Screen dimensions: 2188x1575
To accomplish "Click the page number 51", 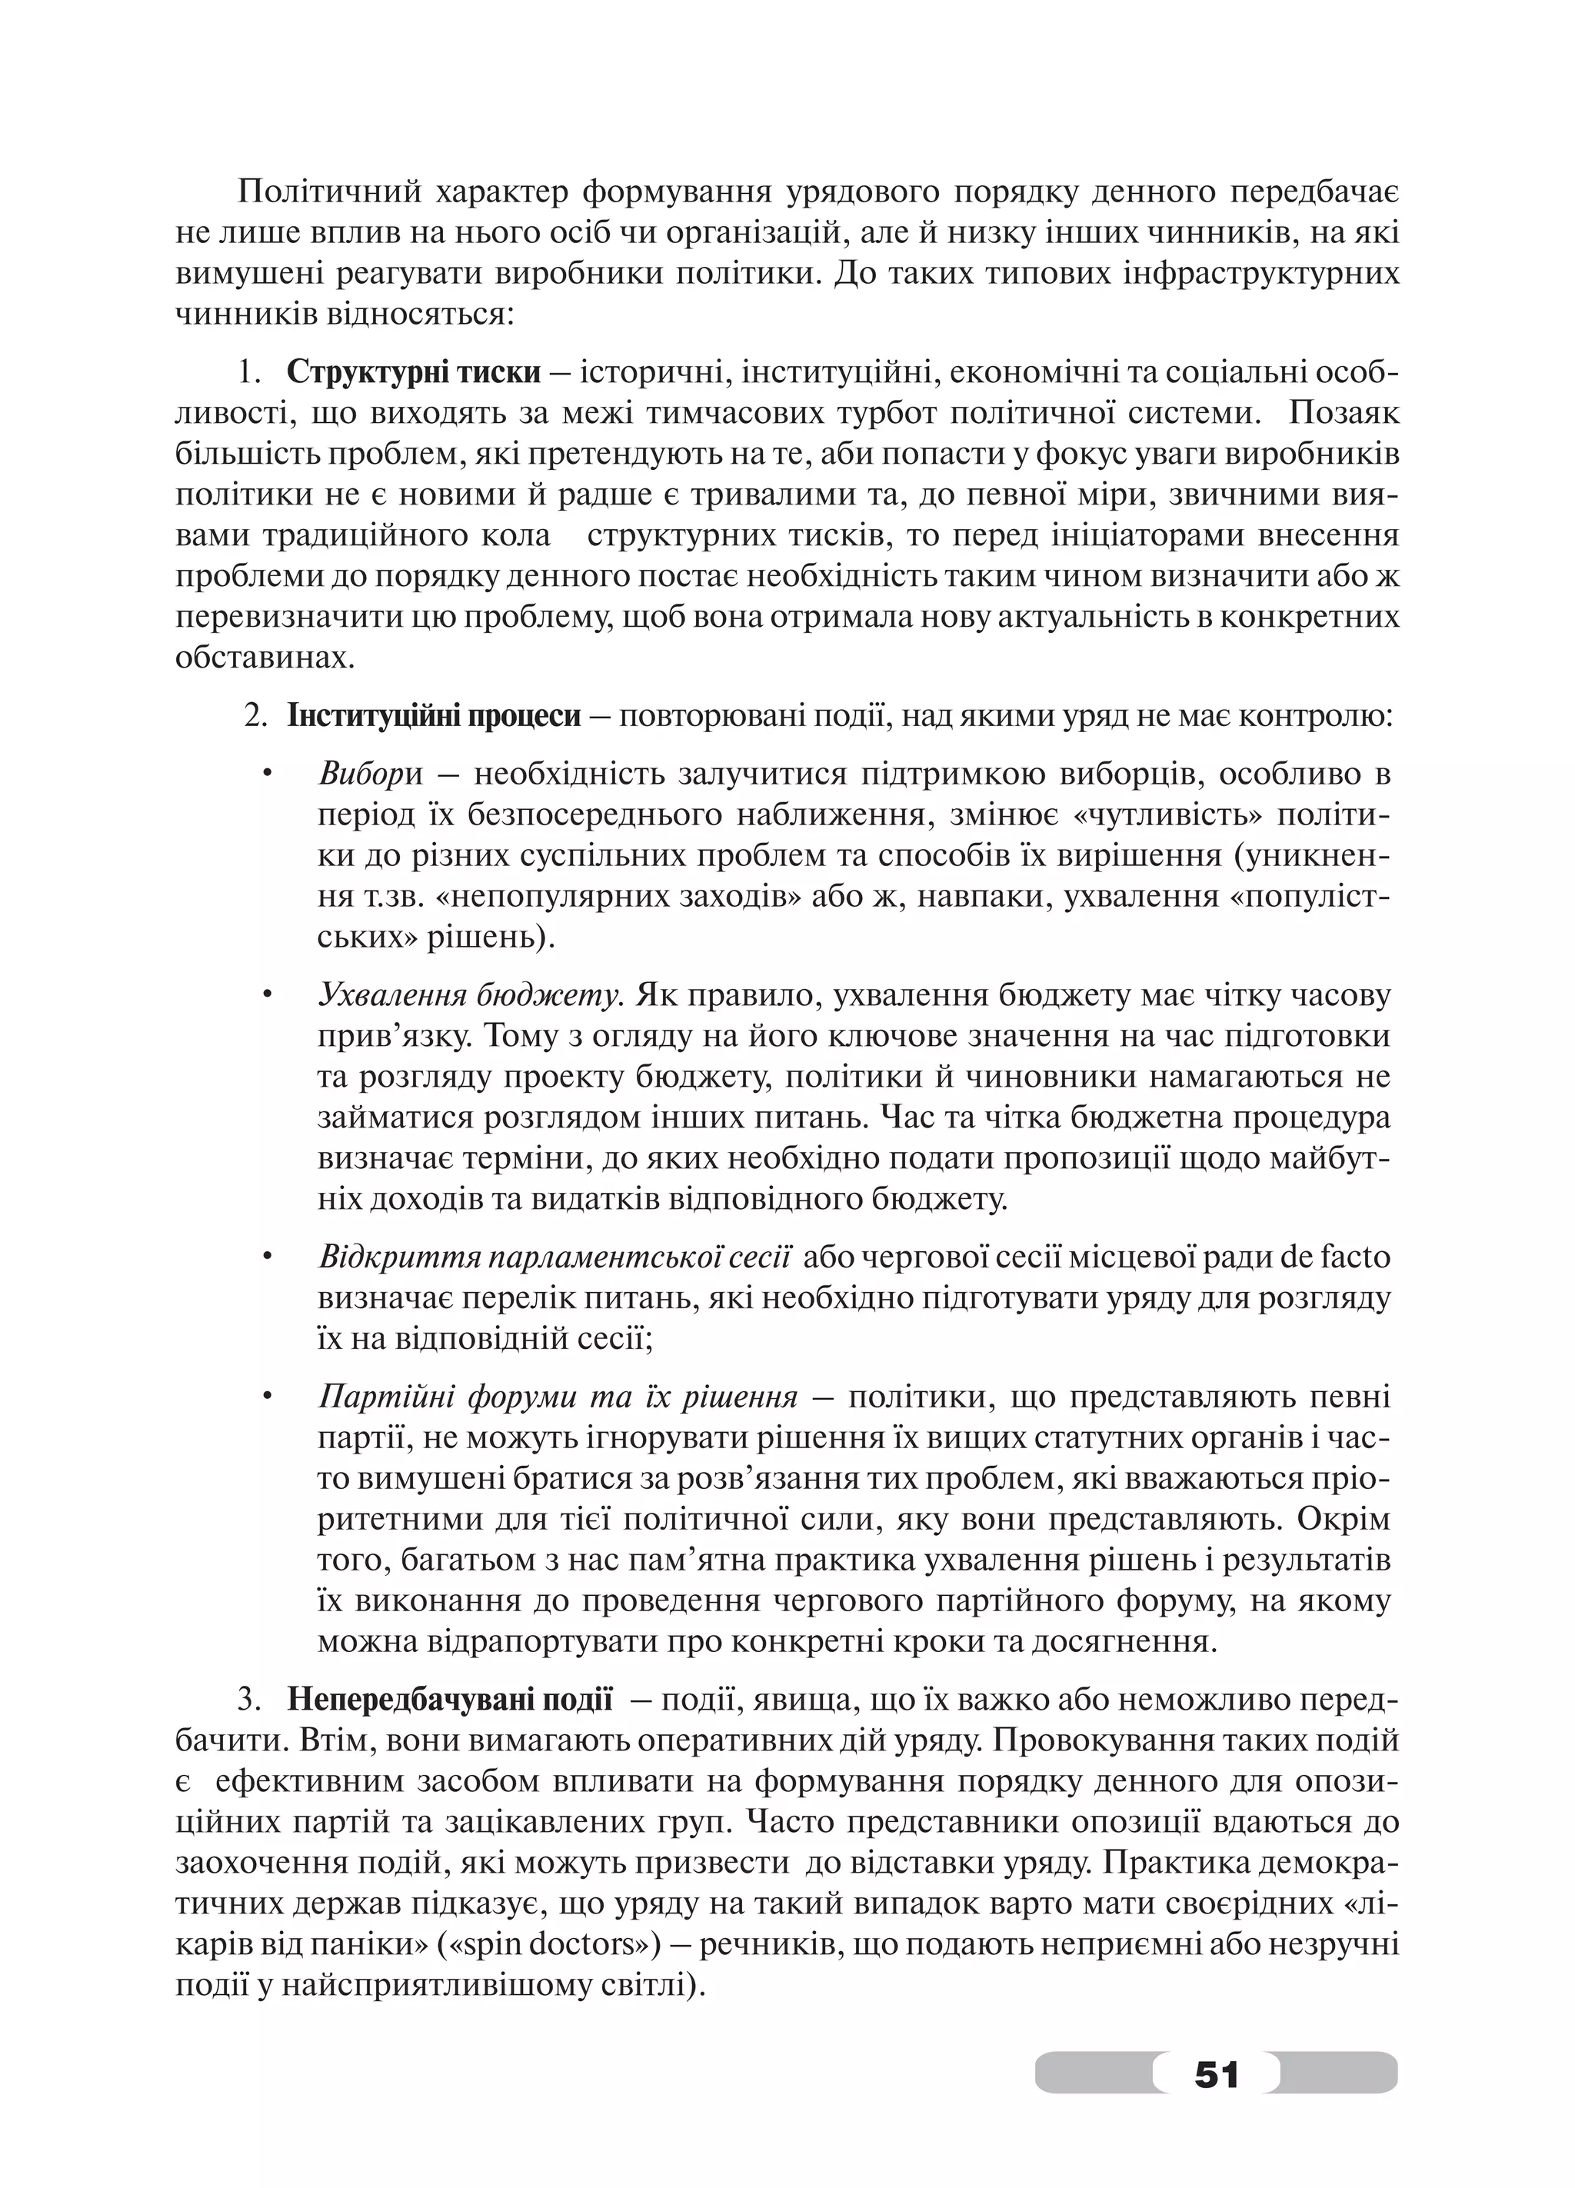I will pyautogui.click(x=1215, y=2070).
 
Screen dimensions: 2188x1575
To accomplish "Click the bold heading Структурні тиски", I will pyautogui.click(x=413, y=372).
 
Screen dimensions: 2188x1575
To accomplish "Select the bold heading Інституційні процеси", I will pyautogui.click(x=434, y=716).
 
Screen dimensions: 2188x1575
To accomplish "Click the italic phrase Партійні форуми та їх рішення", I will pyautogui.click(x=558, y=1396).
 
